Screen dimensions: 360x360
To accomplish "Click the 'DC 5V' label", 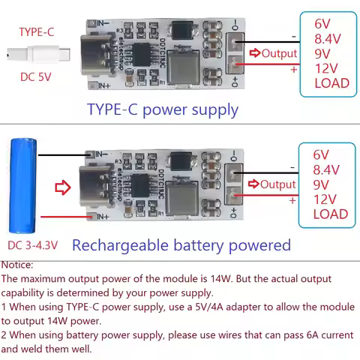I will pyautogui.click(x=37, y=77).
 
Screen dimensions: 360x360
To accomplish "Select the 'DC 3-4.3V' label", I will pyautogui.click(x=35, y=244).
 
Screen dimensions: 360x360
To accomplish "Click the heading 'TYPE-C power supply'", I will pyautogui.click(x=163, y=109).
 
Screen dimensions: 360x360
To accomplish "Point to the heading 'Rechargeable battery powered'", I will pyautogui.click(x=181, y=244).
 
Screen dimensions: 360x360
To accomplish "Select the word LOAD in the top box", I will pyautogui.click(x=331, y=82).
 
